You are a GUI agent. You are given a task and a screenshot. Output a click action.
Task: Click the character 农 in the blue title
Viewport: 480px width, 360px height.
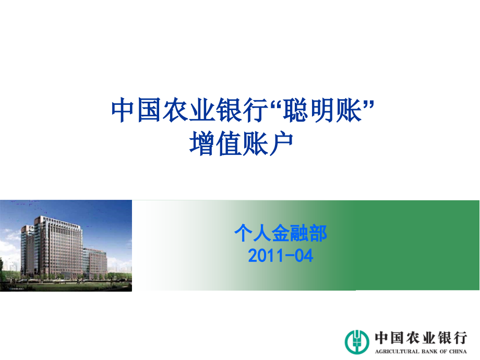pos(175,110)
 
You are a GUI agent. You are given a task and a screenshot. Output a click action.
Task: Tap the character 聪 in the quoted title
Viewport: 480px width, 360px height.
pos(295,110)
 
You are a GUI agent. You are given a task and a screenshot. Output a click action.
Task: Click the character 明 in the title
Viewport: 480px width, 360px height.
pos(322,110)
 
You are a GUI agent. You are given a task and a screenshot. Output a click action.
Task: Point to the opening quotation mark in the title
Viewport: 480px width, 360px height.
pos(275,104)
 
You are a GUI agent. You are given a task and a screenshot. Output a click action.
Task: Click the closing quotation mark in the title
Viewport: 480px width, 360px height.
pos(368,104)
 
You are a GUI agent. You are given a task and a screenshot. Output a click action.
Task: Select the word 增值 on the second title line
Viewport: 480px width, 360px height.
pos(215,143)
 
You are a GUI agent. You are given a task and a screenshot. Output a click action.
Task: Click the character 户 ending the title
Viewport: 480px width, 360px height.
pos(280,143)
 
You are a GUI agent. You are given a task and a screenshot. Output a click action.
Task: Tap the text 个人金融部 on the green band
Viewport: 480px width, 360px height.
pos(281,233)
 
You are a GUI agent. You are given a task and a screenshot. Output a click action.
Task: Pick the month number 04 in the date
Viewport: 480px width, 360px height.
pos(304,256)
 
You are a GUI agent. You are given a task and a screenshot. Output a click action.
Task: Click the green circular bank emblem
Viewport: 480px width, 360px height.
pos(357,342)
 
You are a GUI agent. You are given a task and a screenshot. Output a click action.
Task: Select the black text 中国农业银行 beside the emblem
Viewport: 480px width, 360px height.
pos(421,338)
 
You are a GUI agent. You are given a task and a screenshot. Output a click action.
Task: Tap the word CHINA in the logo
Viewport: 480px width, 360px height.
pos(458,352)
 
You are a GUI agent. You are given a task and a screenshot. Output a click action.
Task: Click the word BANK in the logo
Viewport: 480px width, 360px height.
pos(430,352)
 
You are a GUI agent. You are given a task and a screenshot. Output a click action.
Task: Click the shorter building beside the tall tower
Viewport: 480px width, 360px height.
pos(95,262)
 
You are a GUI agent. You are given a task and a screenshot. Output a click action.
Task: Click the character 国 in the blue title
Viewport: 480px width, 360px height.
pos(149,110)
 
